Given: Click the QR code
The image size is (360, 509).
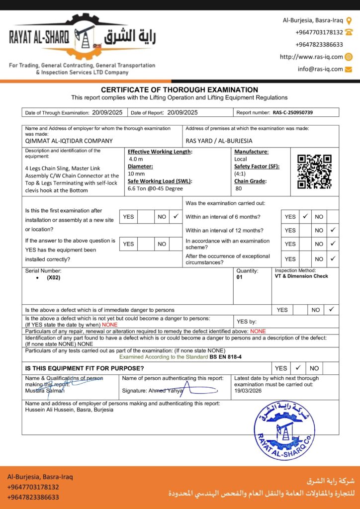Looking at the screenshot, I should point(314,171).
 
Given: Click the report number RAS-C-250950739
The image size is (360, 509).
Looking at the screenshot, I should point(293,113).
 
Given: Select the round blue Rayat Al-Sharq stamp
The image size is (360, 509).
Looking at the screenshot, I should point(284,430).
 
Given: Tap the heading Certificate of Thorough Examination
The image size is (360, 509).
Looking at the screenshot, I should point(180,90).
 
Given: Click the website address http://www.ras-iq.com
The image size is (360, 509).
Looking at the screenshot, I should point(311,57).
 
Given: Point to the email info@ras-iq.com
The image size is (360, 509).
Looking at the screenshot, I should point(320,69).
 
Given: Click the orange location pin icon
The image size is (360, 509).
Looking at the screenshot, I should point(349,20).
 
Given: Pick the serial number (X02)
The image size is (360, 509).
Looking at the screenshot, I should point(54,278).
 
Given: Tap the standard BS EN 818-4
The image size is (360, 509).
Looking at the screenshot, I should point(225,357).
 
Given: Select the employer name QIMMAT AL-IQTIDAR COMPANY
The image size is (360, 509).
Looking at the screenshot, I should point(69,141).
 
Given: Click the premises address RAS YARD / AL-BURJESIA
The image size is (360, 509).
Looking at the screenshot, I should point(219,141).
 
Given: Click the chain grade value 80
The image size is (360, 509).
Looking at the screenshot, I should point(238,189).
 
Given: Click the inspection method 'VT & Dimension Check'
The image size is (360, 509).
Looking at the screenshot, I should point(301,276).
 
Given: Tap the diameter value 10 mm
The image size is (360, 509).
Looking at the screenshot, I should point(137,174).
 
